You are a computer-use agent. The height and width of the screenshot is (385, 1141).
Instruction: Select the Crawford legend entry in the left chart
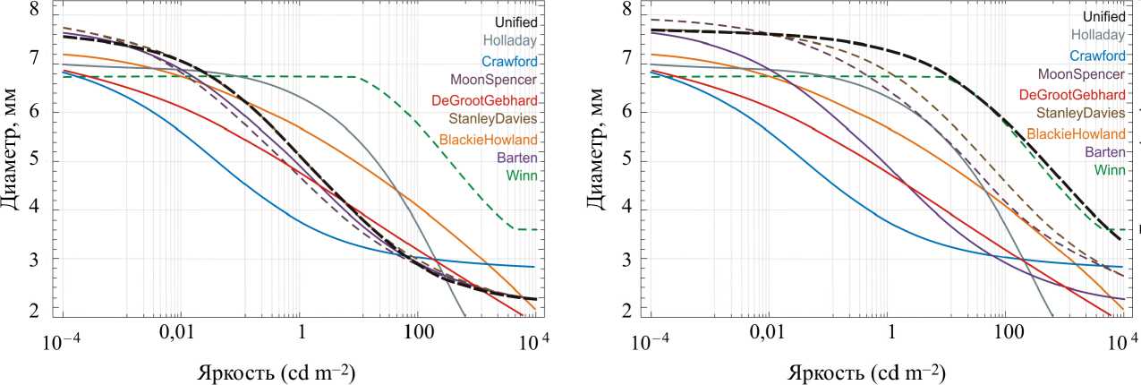tap(509, 62)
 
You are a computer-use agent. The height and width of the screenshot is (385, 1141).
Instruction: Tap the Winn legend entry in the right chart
tap(1109, 169)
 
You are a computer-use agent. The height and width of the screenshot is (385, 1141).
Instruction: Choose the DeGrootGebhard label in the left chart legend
tap(484, 99)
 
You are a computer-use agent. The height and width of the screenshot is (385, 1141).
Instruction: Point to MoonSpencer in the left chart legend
tap(498, 81)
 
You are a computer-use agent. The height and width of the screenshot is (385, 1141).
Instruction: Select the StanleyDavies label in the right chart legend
tap(1081, 114)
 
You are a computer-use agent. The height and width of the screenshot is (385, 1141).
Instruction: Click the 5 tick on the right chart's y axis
tap(626, 161)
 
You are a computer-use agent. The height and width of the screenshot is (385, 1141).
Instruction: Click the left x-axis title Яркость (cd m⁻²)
tap(277, 372)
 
